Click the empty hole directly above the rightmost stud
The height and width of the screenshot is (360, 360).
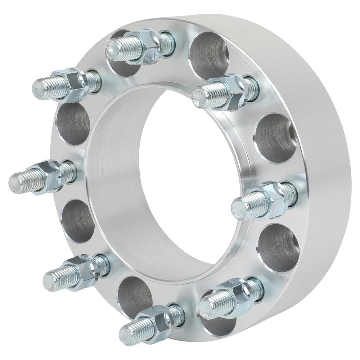[275, 139]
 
